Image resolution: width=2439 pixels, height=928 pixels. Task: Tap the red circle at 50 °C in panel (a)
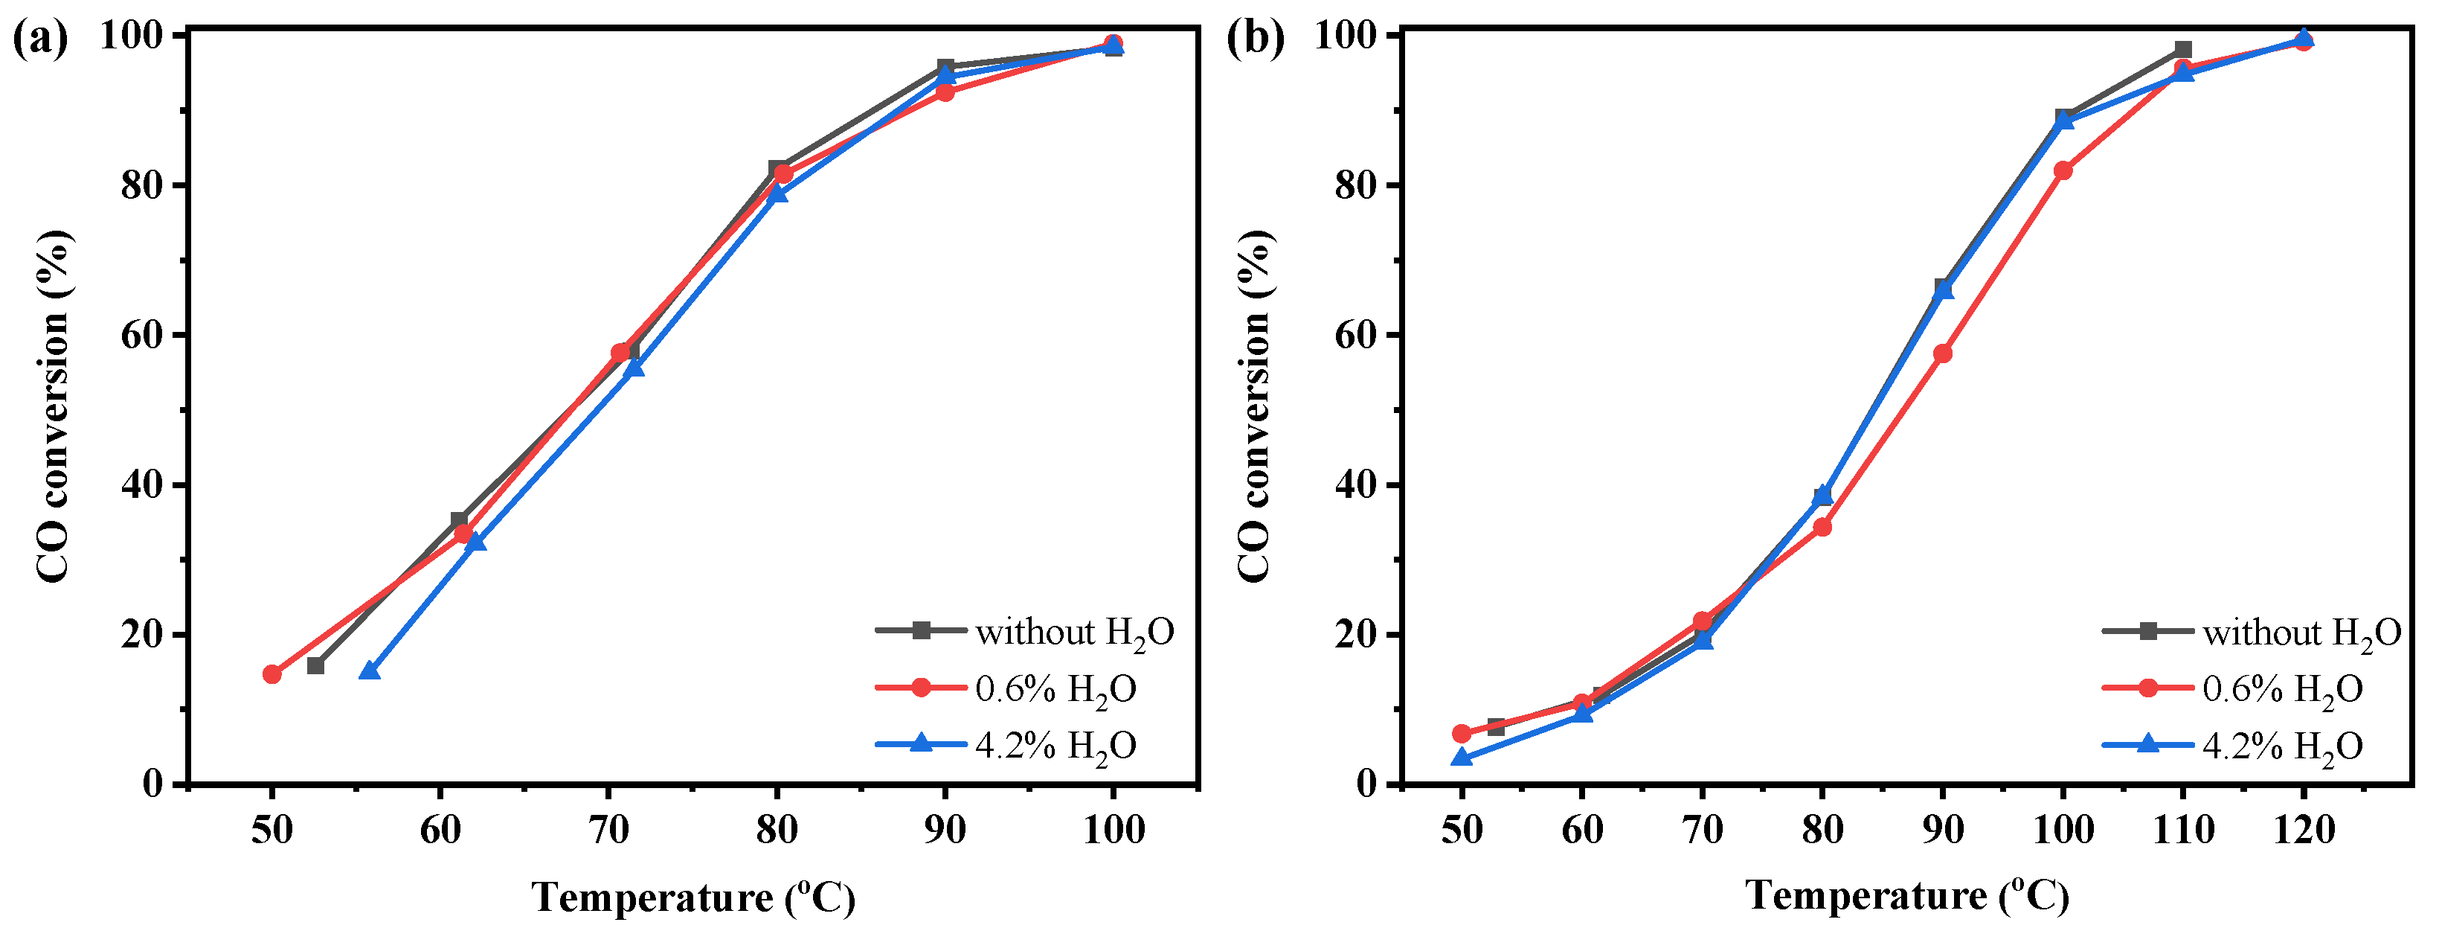point(271,674)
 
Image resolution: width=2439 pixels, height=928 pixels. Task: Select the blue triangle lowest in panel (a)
point(369,671)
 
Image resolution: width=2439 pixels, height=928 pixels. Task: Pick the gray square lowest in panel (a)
point(315,666)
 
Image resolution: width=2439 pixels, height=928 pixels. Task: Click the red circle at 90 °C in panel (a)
point(945,92)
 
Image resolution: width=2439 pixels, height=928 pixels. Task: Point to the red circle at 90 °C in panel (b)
point(1943,353)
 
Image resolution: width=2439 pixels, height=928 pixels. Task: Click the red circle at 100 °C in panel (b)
point(2063,170)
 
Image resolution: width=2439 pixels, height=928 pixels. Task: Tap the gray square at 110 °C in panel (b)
point(2183,49)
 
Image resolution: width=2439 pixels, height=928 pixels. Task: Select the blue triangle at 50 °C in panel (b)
point(1462,757)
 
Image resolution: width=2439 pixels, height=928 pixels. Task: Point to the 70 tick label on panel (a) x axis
point(608,831)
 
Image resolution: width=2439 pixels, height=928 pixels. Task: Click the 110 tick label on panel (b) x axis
point(2183,831)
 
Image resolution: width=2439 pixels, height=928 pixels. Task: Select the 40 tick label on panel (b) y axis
point(1356,484)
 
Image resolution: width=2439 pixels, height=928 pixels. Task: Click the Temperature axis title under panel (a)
point(693,897)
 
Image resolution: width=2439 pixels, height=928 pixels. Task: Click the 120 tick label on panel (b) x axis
point(2304,831)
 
